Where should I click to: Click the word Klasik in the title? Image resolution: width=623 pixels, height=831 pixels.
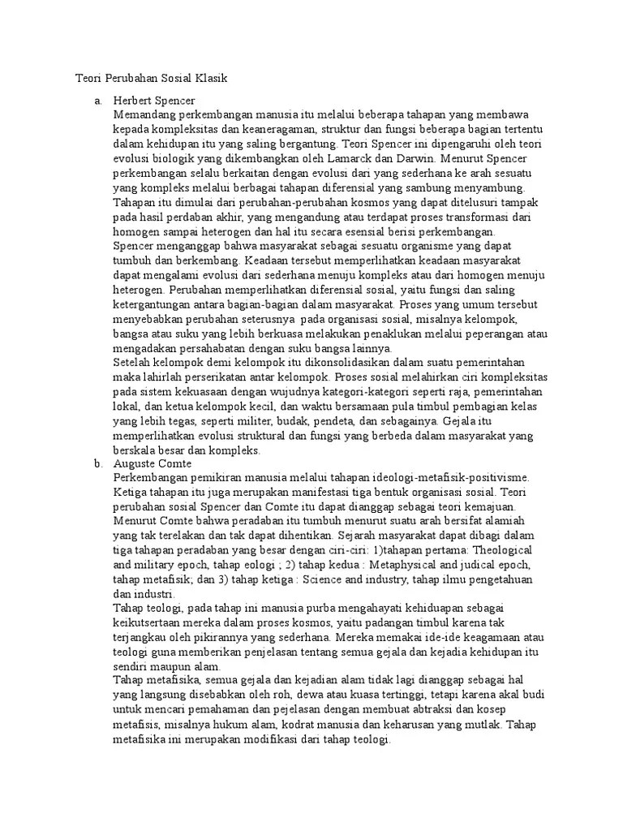click(x=212, y=79)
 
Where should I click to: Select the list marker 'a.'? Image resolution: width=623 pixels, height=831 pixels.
click(x=98, y=101)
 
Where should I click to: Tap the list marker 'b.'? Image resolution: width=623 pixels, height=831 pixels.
click(x=98, y=463)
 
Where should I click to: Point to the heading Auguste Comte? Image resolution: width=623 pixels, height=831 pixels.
click(x=153, y=463)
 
